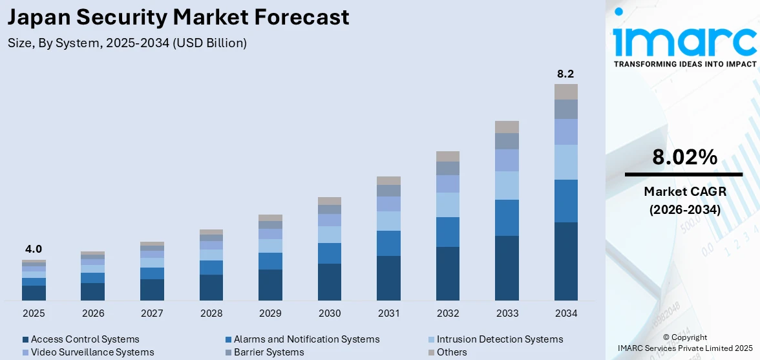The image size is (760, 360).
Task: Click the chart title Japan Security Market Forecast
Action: [x=178, y=17]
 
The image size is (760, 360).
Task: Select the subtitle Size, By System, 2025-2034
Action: [x=127, y=43]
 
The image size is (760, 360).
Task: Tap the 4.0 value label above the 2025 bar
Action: [x=34, y=249]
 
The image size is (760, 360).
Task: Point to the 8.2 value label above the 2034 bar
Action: [x=565, y=74]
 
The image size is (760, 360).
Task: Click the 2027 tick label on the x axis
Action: [x=152, y=313]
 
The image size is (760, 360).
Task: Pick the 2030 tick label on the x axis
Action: [x=330, y=313]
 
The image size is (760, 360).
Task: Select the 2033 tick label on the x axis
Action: [x=507, y=313]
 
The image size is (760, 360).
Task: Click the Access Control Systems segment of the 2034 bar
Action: [x=566, y=261]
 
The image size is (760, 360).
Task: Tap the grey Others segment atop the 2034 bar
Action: [x=566, y=91]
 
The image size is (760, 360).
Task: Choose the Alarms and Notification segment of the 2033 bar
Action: [x=507, y=218]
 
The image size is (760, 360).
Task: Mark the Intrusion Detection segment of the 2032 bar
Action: [x=448, y=205]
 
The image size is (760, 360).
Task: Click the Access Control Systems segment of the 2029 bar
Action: [x=270, y=285]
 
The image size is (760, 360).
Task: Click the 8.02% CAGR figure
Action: [x=684, y=157]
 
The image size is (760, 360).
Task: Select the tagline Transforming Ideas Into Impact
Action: [x=684, y=64]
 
